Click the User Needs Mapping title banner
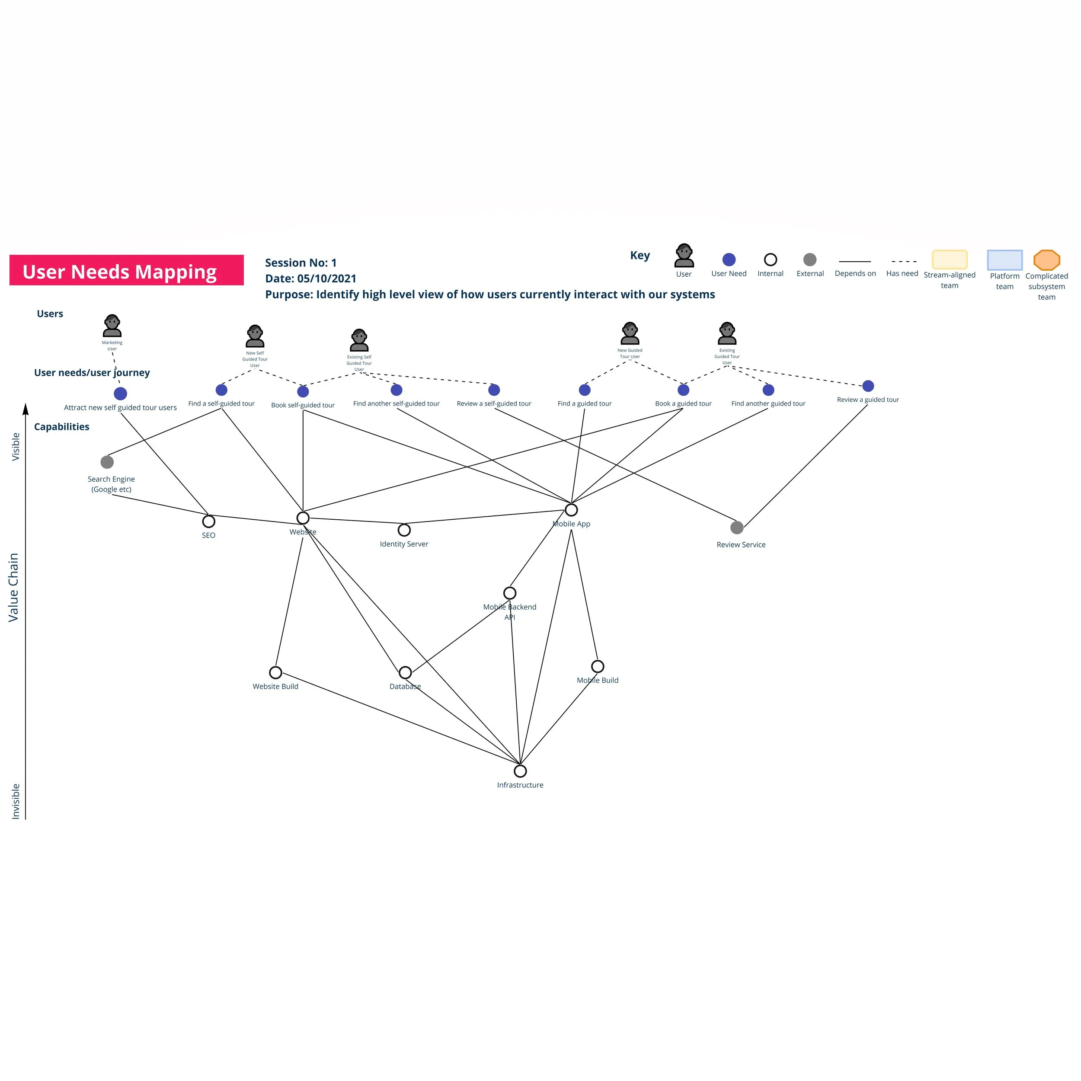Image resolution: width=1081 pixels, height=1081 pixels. coord(126,270)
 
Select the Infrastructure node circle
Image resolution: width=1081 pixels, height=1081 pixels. coord(520,771)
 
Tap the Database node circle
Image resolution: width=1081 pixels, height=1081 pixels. coord(405,672)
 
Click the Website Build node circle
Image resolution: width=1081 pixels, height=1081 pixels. coord(275,672)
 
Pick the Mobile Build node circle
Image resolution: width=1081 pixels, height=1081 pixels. coord(598,666)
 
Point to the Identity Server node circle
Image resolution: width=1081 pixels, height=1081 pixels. coord(404,530)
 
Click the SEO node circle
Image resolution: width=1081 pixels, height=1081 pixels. coord(209,521)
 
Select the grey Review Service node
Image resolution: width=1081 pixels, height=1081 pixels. coord(737,528)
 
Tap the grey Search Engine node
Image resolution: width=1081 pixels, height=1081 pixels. coord(107,462)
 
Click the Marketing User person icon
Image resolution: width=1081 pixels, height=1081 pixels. coord(112,326)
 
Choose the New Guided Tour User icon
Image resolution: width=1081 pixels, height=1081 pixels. coord(630,334)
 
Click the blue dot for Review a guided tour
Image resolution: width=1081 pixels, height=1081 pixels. coord(868,386)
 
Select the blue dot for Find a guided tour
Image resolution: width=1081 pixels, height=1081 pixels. coord(585,390)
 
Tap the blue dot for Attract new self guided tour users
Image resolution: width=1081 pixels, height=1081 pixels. coord(120,394)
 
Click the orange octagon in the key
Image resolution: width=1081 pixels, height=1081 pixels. coord(1046,260)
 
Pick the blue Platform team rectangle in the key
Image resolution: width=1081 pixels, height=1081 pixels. coord(1004,260)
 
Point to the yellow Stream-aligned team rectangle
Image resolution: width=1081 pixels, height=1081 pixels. coord(950,259)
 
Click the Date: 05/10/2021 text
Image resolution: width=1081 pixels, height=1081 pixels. coord(310,278)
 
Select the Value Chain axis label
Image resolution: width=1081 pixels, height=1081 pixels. coord(13,588)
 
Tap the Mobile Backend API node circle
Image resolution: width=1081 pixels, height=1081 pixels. coord(510,593)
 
